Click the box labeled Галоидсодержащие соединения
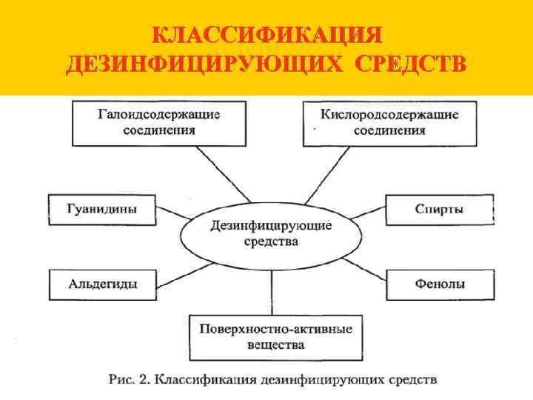(159, 122)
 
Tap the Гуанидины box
(101, 209)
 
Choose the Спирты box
(440, 210)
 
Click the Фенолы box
(440, 283)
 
